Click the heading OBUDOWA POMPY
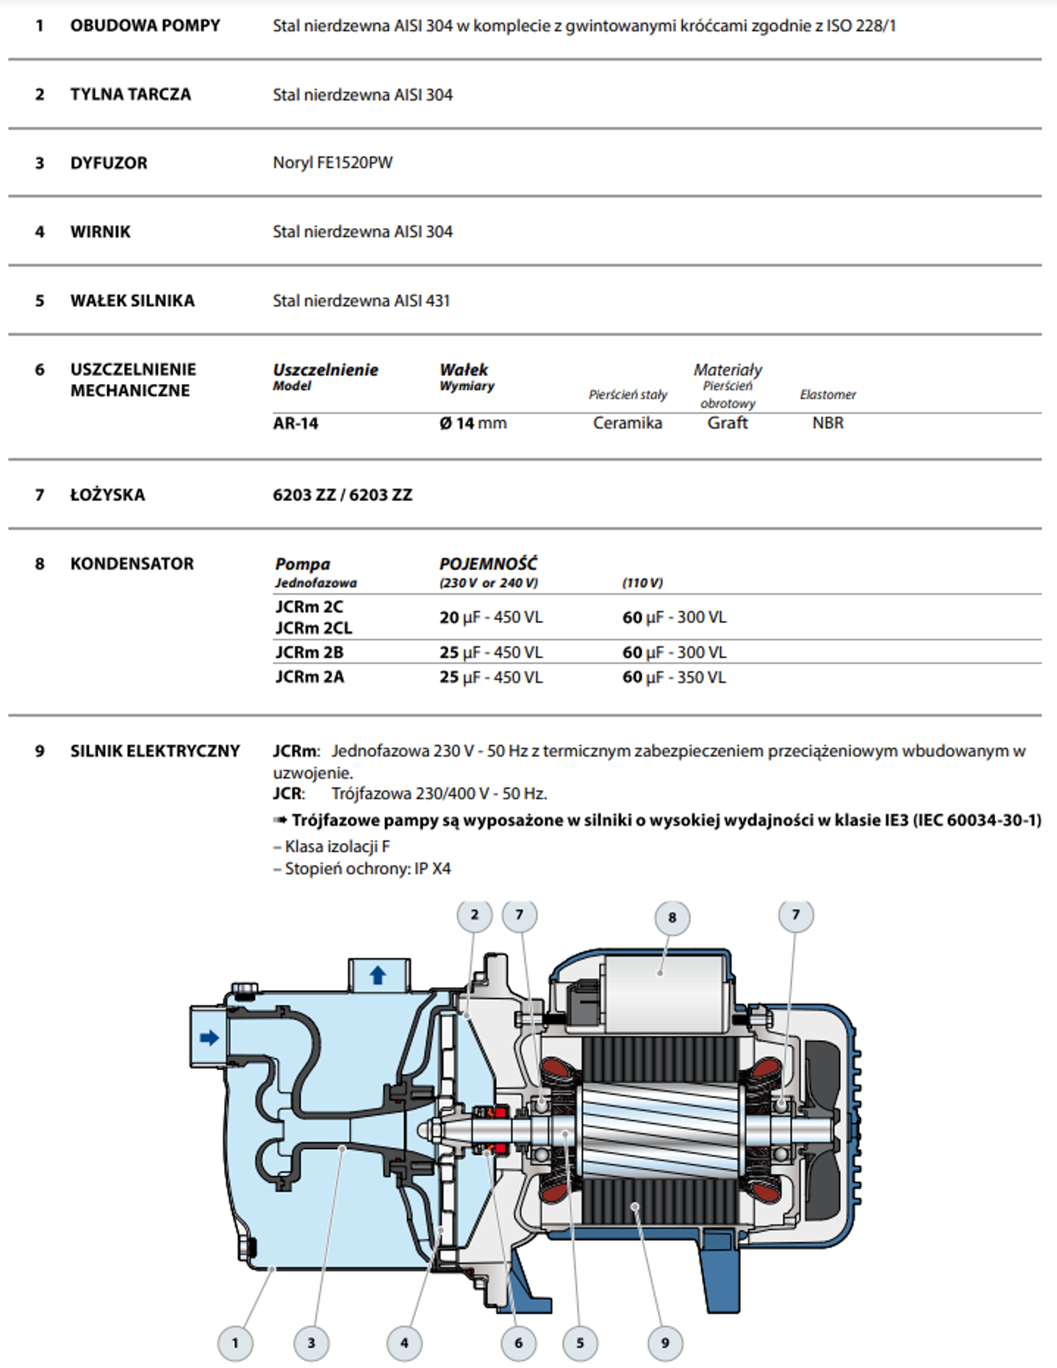[145, 26]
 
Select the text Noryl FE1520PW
[333, 163]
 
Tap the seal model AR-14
[295, 423]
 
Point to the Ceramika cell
[627, 423]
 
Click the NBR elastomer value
[827, 423]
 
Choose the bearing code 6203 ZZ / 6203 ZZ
[342, 495]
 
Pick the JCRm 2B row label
[309, 652]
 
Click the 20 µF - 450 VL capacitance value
[491, 618]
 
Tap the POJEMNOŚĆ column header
[488, 564]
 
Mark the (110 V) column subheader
[642, 583]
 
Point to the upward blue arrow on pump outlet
[378, 975]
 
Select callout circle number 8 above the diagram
[672, 918]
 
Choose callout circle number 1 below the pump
[235, 1343]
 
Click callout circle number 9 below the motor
[665, 1343]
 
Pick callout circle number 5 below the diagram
[580, 1343]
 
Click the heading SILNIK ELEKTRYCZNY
[155, 751]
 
